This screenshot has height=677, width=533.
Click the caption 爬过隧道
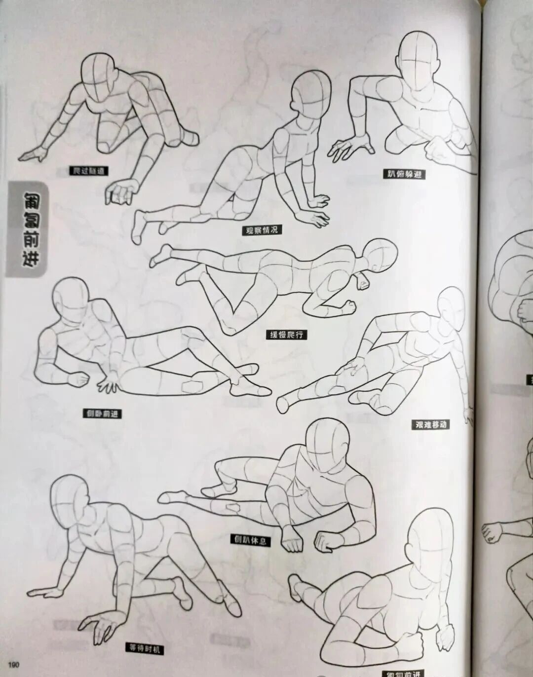click(x=89, y=171)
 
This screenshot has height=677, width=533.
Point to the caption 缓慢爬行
click(x=286, y=335)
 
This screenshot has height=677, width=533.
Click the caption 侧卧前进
click(x=102, y=414)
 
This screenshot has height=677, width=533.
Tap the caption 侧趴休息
click(x=251, y=540)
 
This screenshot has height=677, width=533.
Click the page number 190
click(x=13, y=662)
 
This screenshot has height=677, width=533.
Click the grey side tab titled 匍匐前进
click(x=27, y=229)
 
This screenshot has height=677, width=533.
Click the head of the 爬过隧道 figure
click(x=99, y=74)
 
